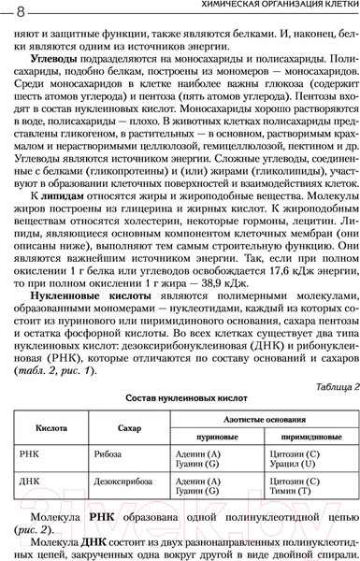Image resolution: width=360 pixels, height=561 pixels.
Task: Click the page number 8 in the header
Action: click(20, 9)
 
